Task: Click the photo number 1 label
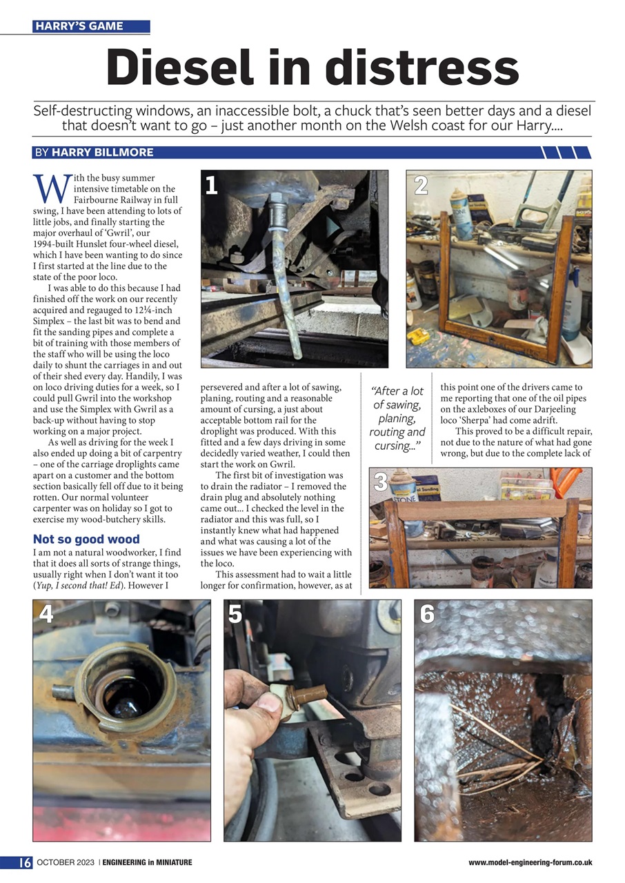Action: click(x=212, y=186)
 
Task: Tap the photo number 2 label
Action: click(x=421, y=185)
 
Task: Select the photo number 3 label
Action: click(x=380, y=482)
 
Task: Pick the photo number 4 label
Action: click(x=46, y=613)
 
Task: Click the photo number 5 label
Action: click(x=235, y=613)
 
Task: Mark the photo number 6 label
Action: click(x=427, y=613)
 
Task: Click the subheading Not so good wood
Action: click(x=86, y=539)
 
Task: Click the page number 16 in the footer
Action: click(x=24, y=862)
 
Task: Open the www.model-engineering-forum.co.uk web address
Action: click(x=530, y=862)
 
